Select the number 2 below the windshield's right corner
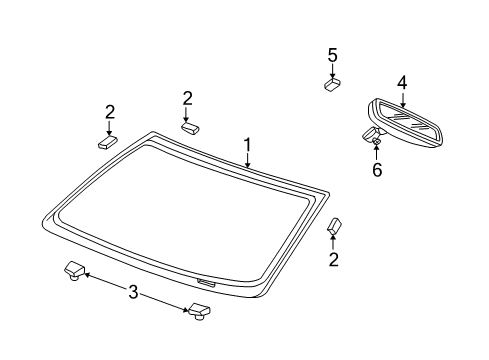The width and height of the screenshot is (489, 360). [x=334, y=260]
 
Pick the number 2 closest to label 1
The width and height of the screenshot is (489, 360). [x=187, y=97]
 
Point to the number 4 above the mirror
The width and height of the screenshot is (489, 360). [x=402, y=83]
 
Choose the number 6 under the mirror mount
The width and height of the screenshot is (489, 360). [x=376, y=170]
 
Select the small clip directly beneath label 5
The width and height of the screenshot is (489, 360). [x=333, y=84]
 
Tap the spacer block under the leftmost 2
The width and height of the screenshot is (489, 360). [x=108, y=141]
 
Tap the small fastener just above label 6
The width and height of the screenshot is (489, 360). [x=376, y=142]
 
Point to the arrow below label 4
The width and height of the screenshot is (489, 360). [x=402, y=98]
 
